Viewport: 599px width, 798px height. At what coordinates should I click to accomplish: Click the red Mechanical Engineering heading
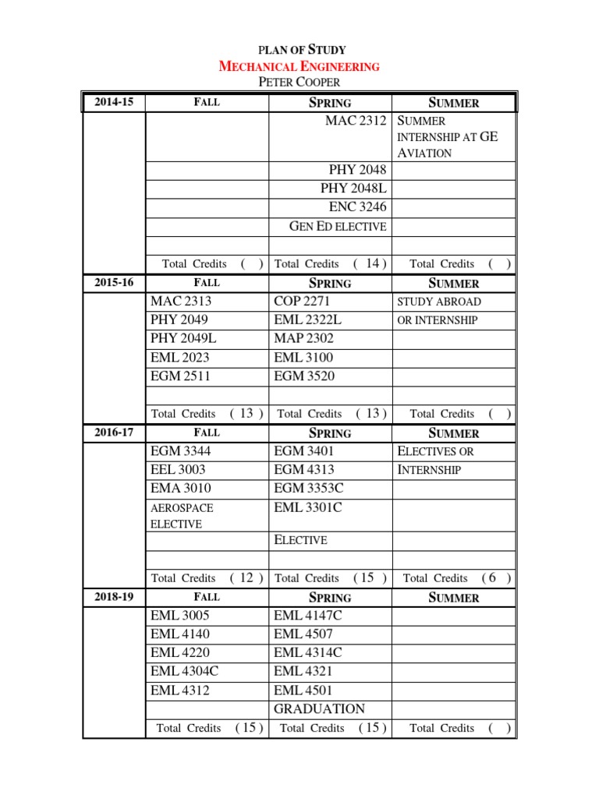tap(299, 66)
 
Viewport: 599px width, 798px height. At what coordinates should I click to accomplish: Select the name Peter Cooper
tap(299, 82)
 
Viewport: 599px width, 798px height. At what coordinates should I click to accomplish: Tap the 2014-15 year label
tap(114, 101)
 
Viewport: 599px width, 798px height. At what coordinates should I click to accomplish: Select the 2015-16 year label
tap(114, 282)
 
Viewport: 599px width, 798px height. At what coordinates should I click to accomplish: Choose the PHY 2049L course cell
tap(182, 338)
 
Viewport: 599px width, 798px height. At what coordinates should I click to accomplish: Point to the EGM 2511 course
tap(180, 376)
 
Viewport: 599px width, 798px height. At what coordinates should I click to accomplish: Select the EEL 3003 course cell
tap(180, 470)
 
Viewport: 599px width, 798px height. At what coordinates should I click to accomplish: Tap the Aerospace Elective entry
tap(182, 516)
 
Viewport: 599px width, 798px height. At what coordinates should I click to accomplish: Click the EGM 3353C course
tap(309, 489)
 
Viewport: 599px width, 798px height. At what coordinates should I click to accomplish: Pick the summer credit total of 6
tap(490, 577)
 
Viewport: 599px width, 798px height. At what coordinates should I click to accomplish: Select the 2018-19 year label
tap(114, 596)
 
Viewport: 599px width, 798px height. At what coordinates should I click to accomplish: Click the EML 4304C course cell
tap(186, 671)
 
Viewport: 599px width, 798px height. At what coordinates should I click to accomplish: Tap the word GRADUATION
tap(319, 708)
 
